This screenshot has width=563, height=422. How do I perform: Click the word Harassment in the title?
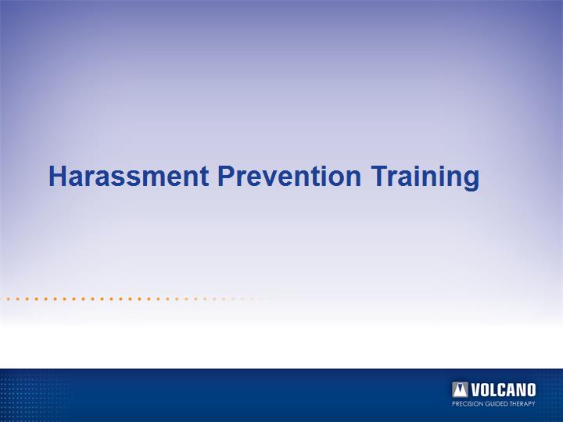[x=128, y=176]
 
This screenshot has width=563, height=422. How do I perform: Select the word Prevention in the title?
[x=289, y=176]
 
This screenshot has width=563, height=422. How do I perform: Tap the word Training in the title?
[x=425, y=177]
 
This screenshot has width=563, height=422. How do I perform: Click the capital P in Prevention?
[x=226, y=176]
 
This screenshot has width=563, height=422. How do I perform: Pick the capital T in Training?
[x=379, y=176]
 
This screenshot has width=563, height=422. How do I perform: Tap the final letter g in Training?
[x=472, y=181]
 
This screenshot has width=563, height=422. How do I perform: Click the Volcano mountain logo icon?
[x=460, y=390]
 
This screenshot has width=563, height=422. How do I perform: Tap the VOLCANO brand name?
[x=503, y=390]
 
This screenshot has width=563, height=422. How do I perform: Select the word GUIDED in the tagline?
[x=496, y=404]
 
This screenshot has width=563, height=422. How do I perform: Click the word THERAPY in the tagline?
[x=522, y=404]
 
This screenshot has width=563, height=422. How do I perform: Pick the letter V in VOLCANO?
[x=475, y=390]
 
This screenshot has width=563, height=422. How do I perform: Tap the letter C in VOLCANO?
[x=501, y=390]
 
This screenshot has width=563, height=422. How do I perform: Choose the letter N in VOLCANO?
[x=522, y=390]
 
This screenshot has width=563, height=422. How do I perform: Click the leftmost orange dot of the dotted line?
[x=8, y=299]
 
